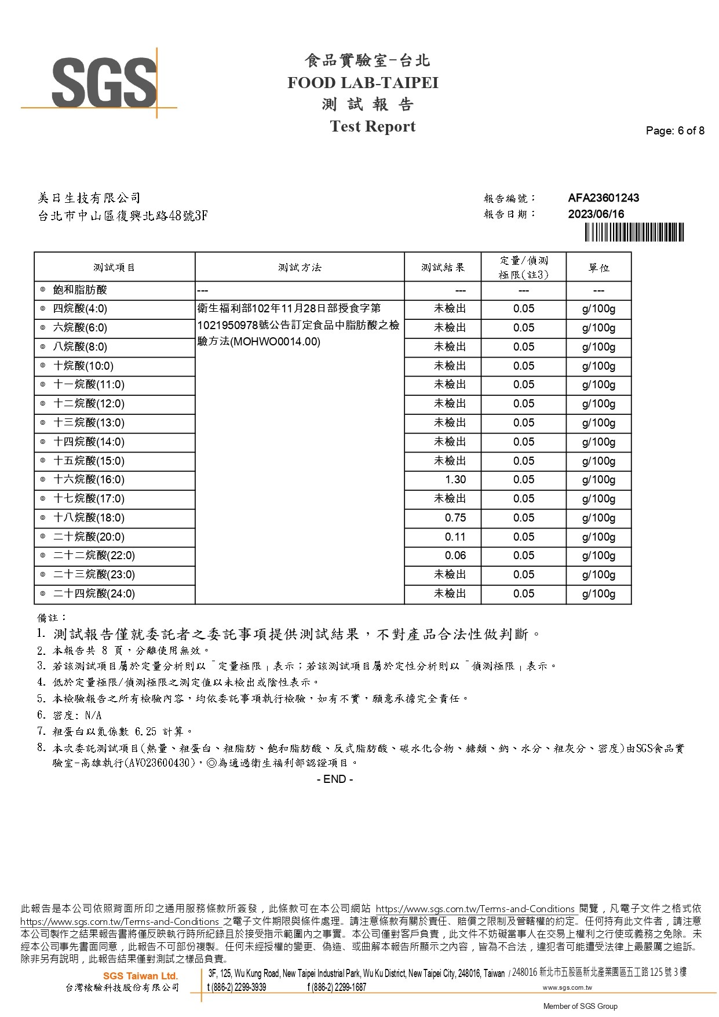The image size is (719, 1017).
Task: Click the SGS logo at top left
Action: (104, 83)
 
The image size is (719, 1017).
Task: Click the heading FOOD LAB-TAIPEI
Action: (363, 83)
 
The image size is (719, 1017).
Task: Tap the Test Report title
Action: (373, 126)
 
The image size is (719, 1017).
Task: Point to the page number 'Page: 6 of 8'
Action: (675, 131)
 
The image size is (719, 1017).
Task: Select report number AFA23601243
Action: (603, 198)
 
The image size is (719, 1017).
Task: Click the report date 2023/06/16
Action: (596, 214)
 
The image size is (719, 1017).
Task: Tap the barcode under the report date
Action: (634, 232)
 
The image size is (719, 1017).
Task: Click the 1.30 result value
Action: (455, 480)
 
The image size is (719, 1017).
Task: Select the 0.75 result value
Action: (455, 518)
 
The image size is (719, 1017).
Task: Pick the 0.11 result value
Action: (455, 537)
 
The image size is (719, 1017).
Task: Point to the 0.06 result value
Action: (455, 556)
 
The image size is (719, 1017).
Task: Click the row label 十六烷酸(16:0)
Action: (89, 480)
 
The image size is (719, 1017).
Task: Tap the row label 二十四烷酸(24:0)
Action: (94, 594)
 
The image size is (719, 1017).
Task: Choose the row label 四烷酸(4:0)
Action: (80, 309)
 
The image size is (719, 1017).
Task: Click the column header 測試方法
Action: (300, 268)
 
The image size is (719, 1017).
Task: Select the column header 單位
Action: (598, 268)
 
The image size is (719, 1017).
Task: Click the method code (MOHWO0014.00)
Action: (275, 342)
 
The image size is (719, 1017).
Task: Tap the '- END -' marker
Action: (335, 779)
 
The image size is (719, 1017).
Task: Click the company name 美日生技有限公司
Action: (89, 199)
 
